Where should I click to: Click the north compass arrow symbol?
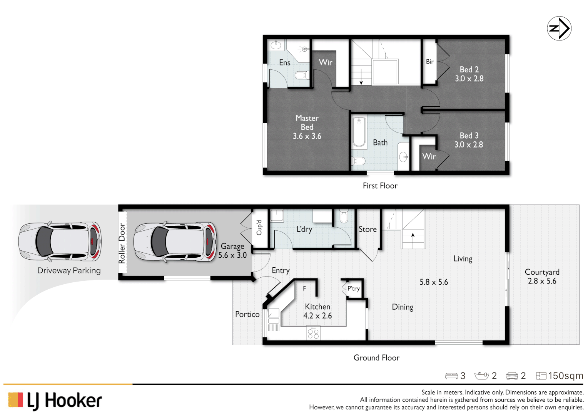(x=559, y=29)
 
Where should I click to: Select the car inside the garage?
(x=175, y=242)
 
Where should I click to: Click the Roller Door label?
(x=122, y=243)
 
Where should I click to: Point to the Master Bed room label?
(x=307, y=122)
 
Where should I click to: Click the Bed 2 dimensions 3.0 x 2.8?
(x=469, y=79)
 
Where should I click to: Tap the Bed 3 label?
(x=469, y=136)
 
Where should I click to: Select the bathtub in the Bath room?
(x=359, y=132)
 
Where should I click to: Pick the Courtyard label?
(x=542, y=272)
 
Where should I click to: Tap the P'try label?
(x=353, y=289)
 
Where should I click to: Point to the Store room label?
(x=367, y=229)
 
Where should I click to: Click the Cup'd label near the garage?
(x=259, y=228)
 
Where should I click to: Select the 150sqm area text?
(x=565, y=376)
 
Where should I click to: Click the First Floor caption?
(x=380, y=186)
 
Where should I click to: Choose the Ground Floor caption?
(x=376, y=358)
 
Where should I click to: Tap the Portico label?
(x=247, y=314)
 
